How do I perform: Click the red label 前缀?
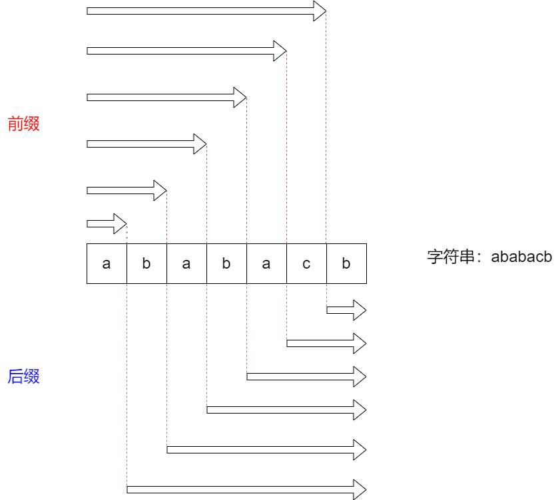(x=24, y=124)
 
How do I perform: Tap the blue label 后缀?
(x=24, y=376)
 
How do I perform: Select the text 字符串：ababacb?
(x=489, y=257)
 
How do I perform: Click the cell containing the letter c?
(x=306, y=263)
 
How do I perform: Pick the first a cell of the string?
(x=107, y=263)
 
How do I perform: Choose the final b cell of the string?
(x=346, y=263)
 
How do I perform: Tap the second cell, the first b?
(x=146, y=263)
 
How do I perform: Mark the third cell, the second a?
(x=186, y=263)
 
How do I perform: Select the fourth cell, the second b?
(x=226, y=263)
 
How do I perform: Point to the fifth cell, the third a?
(x=266, y=263)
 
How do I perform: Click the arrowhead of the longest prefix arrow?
(x=320, y=11)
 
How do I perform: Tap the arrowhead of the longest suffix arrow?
(x=360, y=489)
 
